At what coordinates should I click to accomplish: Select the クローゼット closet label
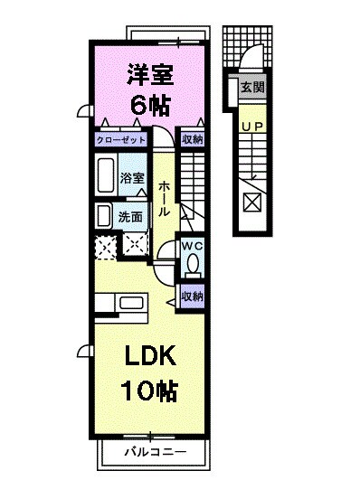(122, 139)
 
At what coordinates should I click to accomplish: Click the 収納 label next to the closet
(191, 139)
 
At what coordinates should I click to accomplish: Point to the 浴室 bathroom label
(132, 177)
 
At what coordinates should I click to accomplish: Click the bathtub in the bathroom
(105, 174)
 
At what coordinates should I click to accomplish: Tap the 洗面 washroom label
(130, 216)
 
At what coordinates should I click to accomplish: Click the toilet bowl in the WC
(192, 265)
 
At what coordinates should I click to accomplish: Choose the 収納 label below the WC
(191, 296)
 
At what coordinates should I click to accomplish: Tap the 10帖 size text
(148, 391)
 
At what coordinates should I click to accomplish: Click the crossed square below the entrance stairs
(251, 201)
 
